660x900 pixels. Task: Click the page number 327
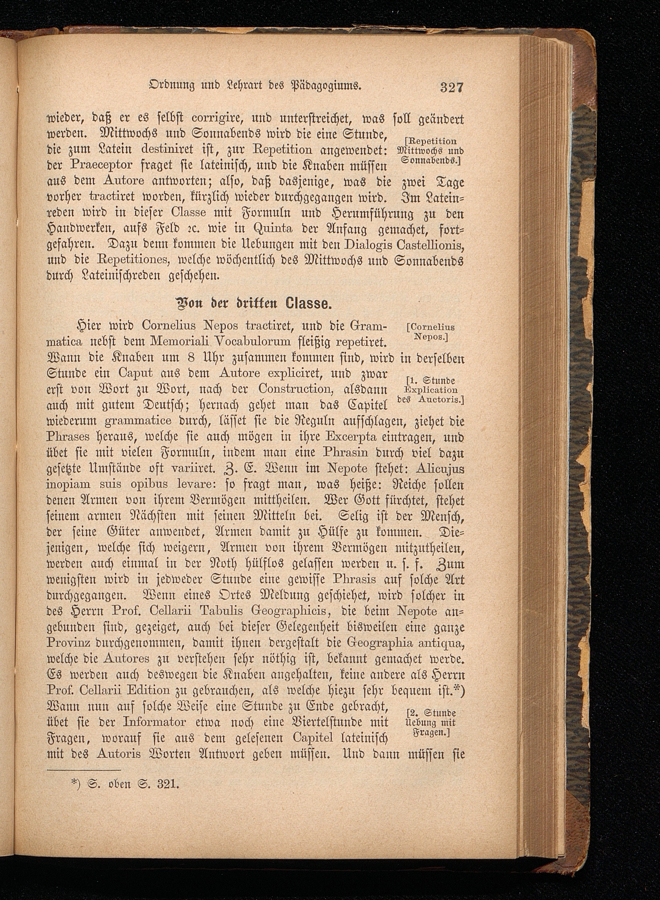pyautogui.click(x=451, y=87)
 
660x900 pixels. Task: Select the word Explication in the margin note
pyautogui.click(x=431, y=390)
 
